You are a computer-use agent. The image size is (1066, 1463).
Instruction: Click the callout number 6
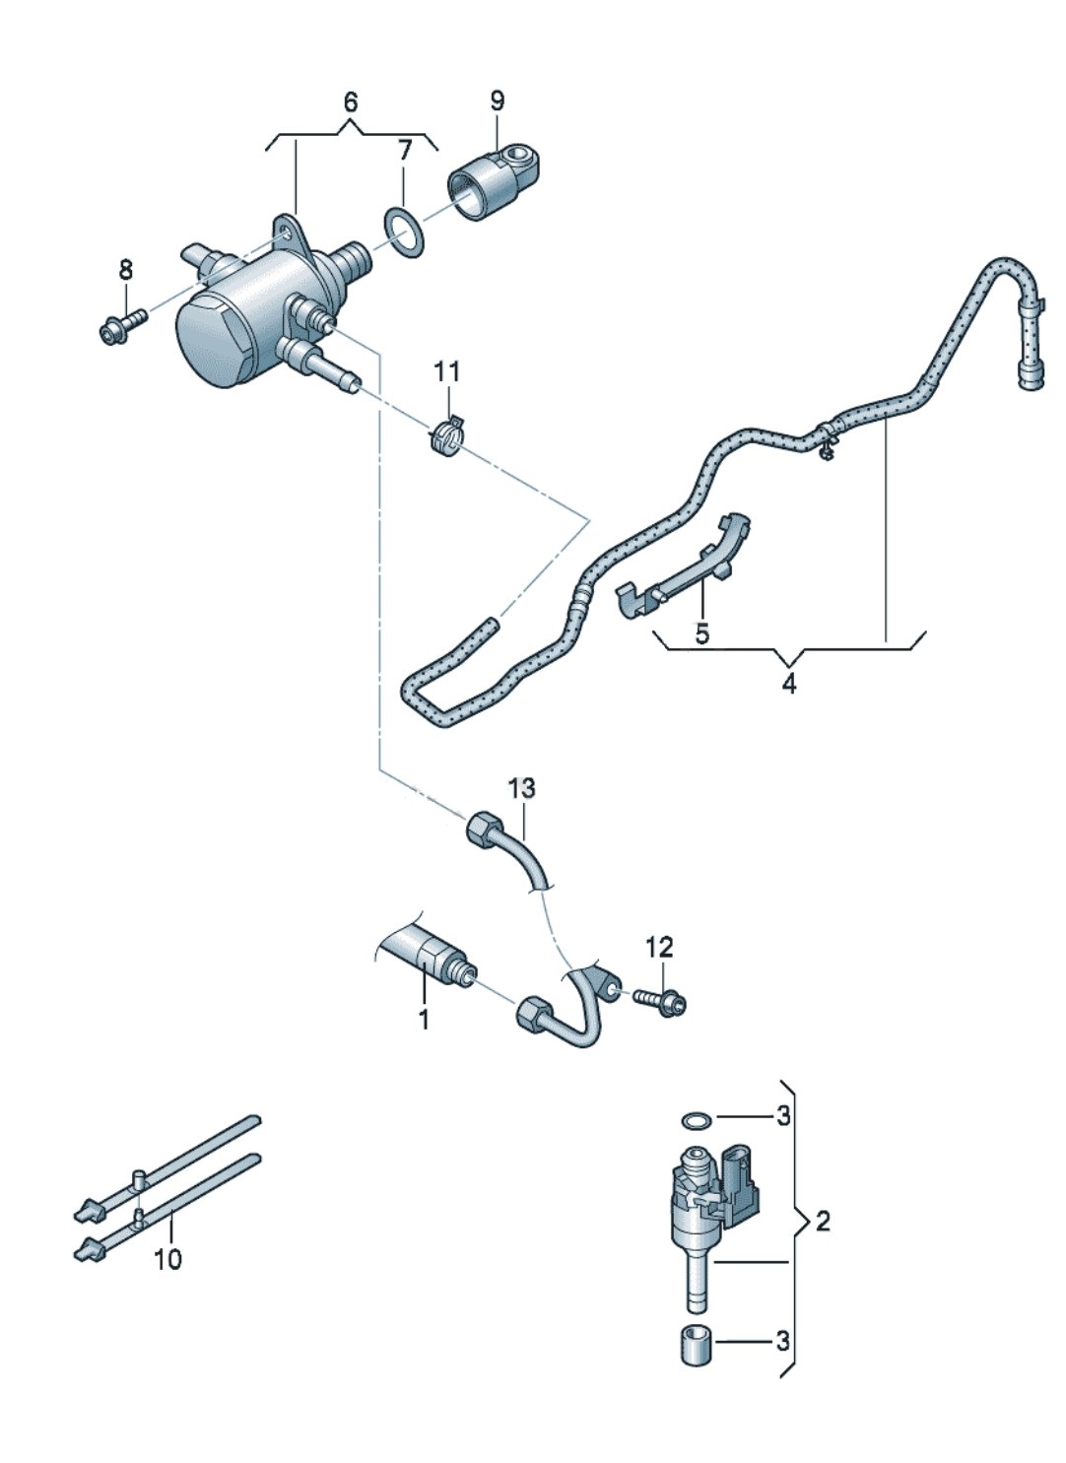pos(351,101)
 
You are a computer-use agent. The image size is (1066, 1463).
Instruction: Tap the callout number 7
pos(403,151)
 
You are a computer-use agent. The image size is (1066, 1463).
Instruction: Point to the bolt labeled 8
pos(121,323)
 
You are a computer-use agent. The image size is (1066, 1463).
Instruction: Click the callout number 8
pos(125,269)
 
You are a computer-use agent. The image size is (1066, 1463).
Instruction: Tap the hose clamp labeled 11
pos(447,436)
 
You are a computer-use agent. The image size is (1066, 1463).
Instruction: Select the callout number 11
pos(447,372)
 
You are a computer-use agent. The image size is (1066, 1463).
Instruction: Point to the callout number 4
pos(789,684)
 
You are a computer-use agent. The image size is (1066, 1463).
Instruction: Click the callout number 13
pos(522,787)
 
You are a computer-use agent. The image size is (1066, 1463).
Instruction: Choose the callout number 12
pos(659,947)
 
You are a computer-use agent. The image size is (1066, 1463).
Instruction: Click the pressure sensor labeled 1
pos(432,956)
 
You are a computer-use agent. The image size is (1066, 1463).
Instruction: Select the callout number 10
pos(168,1259)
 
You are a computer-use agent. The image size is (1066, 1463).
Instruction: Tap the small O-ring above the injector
pos(695,1119)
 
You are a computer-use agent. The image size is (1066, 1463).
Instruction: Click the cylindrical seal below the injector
pos(696,1345)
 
